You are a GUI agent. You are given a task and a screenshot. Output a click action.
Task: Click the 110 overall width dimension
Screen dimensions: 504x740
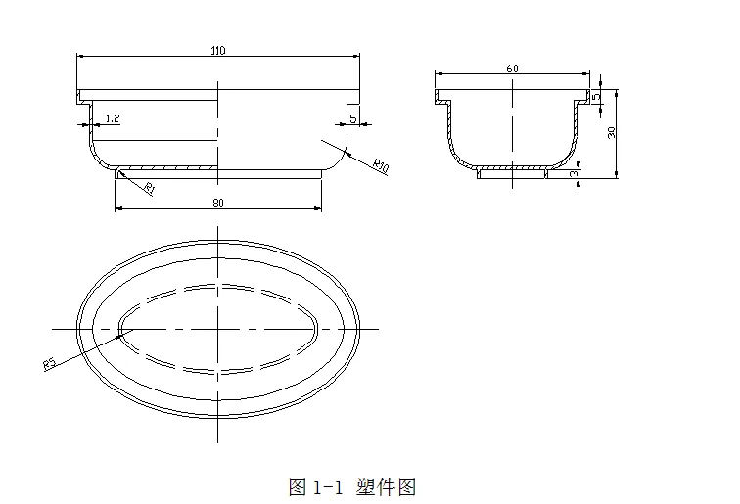click(x=217, y=51)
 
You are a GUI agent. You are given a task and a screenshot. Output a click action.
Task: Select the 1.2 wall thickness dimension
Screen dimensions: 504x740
click(x=112, y=118)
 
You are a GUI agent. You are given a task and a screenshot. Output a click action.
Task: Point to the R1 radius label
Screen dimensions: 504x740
click(x=149, y=187)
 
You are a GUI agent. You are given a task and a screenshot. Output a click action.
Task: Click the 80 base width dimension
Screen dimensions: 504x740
click(x=217, y=203)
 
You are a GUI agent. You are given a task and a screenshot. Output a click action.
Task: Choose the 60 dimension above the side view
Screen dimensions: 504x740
click(x=512, y=69)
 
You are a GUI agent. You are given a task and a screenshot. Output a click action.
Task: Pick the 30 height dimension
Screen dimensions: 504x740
click(x=612, y=133)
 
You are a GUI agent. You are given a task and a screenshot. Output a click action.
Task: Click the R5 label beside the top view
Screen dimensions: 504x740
click(x=49, y=364)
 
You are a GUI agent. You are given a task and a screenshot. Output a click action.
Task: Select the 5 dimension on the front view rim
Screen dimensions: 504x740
click(x=351, y=118)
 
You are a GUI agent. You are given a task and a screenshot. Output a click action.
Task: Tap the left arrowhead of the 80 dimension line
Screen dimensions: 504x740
click(x=117, y=208)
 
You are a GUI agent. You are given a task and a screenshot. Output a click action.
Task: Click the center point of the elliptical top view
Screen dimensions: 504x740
click(x=217, y=329)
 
